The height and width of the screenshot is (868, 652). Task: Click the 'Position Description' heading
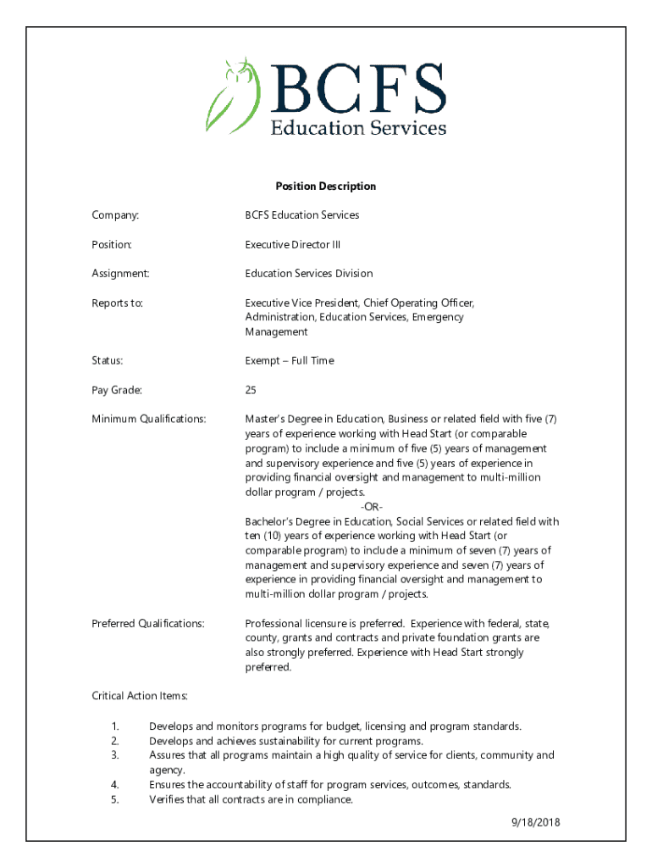coord(325,186)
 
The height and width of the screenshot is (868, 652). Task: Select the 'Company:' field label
coord(115,215)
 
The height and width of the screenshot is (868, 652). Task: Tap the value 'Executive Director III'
coord(293,245)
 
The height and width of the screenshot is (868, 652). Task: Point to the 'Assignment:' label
coord(120,274)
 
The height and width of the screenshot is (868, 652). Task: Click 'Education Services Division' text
coord(309,274)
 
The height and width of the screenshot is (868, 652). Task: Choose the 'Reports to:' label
coord(117,303)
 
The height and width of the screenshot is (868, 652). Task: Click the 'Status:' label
coord(108,361)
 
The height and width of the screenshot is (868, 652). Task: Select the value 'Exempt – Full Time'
coord(290,361)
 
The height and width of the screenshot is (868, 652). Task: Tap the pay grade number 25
coord(251,390)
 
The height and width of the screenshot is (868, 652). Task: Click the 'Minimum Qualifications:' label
coord(149,419)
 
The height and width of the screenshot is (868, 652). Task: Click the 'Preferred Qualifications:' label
coord(148,624)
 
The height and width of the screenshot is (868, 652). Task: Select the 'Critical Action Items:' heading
coord(140,696)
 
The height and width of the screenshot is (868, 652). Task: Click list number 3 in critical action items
coord(114,755)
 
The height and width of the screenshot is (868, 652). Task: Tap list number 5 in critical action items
coord(114,799)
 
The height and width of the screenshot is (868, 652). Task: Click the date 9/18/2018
coord(535,822)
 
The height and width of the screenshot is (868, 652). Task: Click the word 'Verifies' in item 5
coord(167,799)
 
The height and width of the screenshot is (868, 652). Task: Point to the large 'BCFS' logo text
coord(357,87)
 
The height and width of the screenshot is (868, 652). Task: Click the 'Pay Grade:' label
coord(117,390)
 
